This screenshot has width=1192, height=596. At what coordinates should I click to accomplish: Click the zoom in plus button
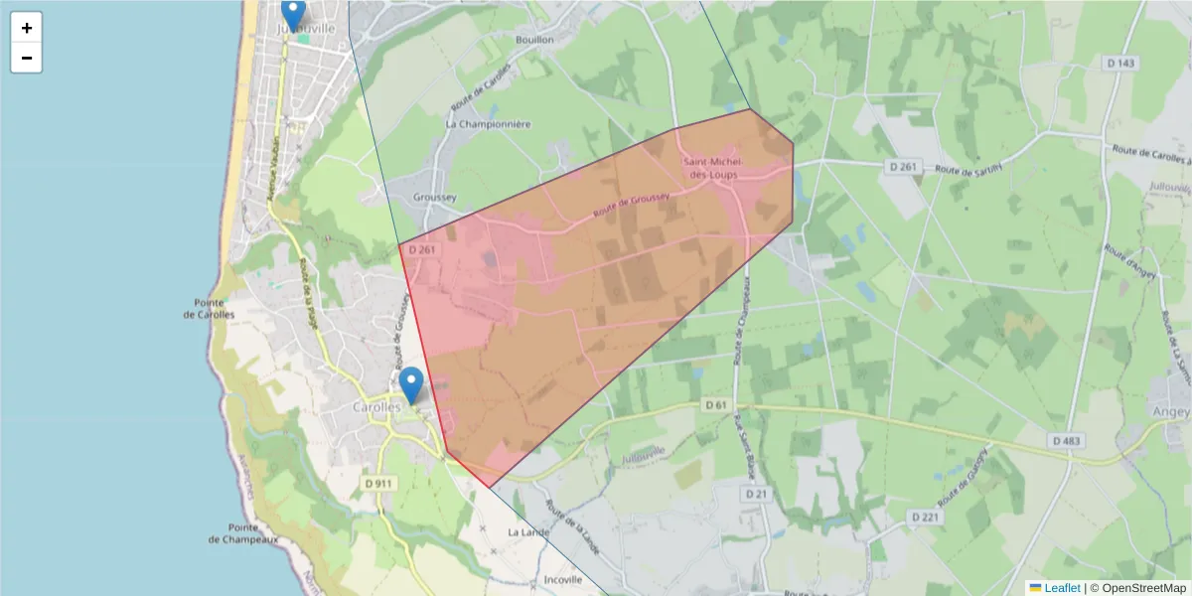point(27,28)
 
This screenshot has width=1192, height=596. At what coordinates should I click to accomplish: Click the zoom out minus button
point(27,59)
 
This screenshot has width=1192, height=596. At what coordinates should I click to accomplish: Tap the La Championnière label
point(489,124)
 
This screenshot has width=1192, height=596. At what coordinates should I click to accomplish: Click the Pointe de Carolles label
point(209,308)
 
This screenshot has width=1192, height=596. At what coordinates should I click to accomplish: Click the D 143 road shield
point(1119,63)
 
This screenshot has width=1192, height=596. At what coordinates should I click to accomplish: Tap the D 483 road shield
point(1065,440)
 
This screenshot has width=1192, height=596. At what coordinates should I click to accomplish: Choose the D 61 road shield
point(716,404)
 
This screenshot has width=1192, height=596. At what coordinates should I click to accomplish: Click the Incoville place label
point(562,579)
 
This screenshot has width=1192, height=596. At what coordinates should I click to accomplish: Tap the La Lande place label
point(527,532)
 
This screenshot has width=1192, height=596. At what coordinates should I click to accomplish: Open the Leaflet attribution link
point(1061,588)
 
